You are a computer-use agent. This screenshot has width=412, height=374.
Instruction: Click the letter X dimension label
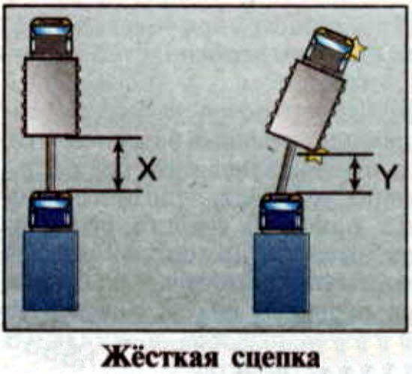tap(148, 169)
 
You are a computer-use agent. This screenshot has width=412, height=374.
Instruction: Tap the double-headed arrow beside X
tap(118, 163)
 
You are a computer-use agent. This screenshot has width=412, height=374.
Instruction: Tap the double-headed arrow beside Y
tap(355, 173)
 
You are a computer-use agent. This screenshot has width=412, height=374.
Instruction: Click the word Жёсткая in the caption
tap(160, 357)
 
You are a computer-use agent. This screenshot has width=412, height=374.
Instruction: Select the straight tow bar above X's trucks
tap(50, 163)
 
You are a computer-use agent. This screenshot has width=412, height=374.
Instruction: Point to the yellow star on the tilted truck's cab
tap(358, 48)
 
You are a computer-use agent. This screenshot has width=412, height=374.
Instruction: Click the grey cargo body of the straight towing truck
tap(51, 97)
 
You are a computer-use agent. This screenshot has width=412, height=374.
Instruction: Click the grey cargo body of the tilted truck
tap(306, 105)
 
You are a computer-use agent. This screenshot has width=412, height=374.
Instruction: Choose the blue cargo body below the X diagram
tap(50, 271)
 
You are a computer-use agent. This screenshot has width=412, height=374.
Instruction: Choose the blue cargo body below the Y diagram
tap(281, 273)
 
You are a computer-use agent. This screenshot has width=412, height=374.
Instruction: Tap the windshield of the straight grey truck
tap(51, 30)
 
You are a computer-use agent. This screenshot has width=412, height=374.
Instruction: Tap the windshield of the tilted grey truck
tap(333, 43)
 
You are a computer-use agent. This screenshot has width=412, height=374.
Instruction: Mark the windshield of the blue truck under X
tap(50, 203)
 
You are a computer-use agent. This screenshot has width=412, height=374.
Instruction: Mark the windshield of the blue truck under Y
tap(281, 205)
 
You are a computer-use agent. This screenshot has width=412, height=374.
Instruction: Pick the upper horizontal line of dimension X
tap(104, 137)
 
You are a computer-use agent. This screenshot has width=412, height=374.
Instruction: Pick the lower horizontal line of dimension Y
tap(336, 193)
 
